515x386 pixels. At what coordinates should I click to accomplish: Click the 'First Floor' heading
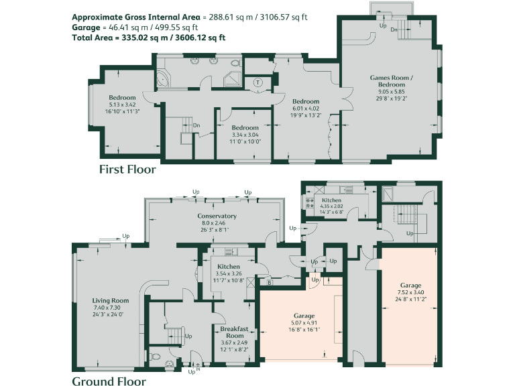tap(127, 170)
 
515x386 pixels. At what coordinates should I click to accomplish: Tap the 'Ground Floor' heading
tap(109, 381)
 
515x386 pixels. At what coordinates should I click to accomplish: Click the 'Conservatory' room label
tap(217, 216)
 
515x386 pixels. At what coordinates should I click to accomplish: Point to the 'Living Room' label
tap(110, 301)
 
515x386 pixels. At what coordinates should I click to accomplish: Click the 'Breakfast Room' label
tap(235, 332)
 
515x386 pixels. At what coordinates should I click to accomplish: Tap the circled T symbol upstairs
tap(258, 82)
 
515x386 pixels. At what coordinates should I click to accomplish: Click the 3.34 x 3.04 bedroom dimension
tap(245, 135)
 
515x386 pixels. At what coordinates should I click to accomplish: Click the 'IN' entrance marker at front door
tap(198, 369)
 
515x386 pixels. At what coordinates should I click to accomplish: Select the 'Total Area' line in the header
tap(148, 38)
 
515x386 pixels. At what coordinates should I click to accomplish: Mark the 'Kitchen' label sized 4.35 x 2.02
tap(331, 200)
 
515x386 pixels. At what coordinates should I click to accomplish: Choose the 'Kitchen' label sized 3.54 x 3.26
tap(229, 267)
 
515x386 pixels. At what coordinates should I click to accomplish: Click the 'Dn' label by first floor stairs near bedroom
tap(196, 125)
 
